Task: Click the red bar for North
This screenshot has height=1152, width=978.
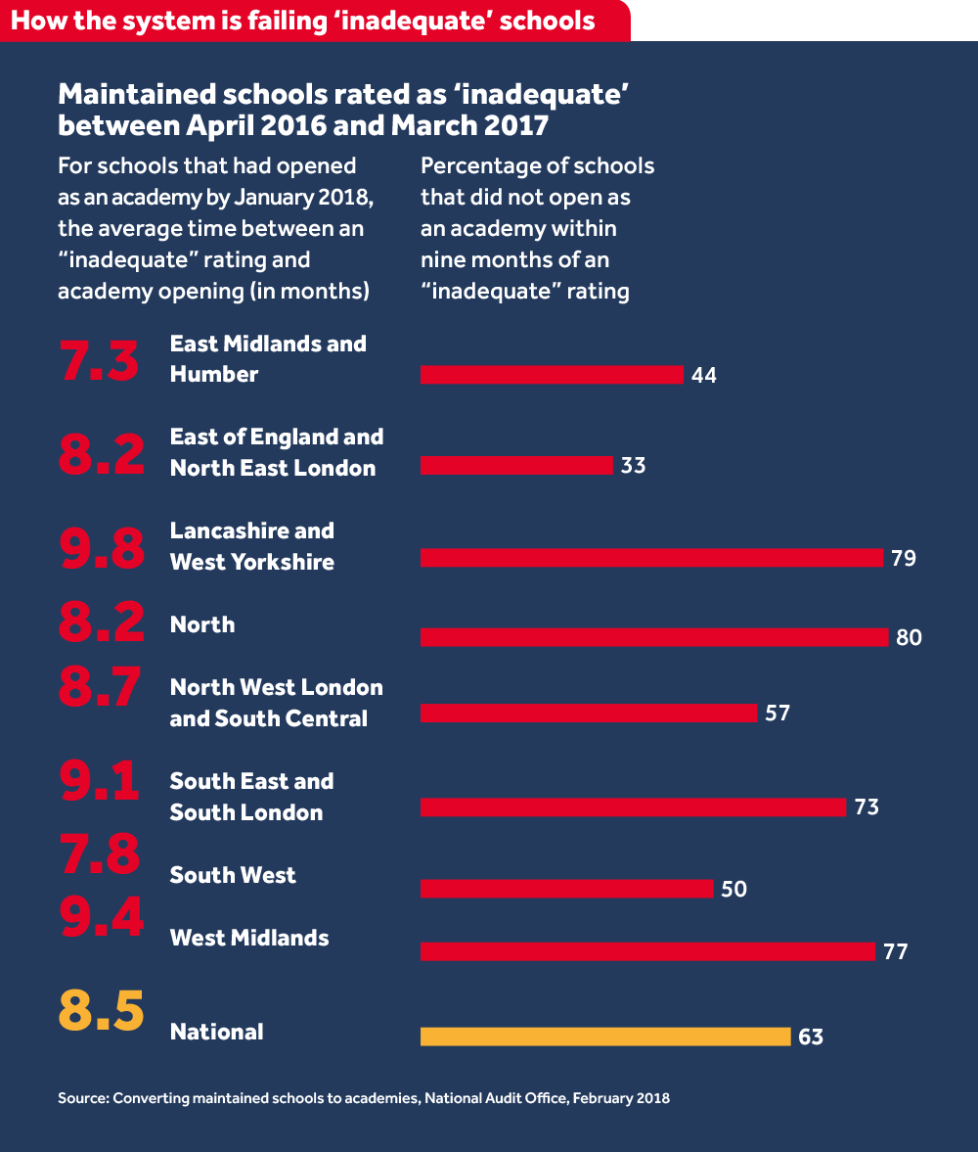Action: (x=654, y=637)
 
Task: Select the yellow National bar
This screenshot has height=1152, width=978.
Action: (x=605, y=1037)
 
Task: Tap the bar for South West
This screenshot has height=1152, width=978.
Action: (x=566, y=889)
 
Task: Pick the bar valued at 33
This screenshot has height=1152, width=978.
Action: (x=516, y=466)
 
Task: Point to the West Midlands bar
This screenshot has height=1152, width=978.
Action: (x=647, y=951)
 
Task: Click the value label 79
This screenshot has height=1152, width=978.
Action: (x=903, y=559)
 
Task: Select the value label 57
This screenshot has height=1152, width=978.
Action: (x=777, y=714)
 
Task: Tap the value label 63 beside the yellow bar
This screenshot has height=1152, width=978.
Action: (x=810, y=1037)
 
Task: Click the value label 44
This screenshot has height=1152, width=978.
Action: (x=703, y=375)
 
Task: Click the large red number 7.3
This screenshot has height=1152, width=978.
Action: (x=100, y=359)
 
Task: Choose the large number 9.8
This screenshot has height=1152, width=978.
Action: (x=101, y=546)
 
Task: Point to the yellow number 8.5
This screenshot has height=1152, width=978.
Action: (x=101, y=1012)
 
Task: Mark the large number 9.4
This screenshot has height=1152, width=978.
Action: (x=101, y=916)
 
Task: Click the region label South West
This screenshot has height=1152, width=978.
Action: (x=233, y=875)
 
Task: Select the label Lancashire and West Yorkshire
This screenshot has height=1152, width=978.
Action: (x=252, y=546)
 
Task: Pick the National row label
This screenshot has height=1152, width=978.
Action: (x=217, y=1032)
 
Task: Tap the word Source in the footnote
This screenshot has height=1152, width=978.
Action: (x=81, y=1098)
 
